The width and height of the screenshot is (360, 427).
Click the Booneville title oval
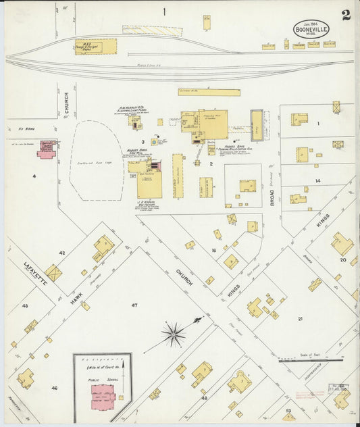click(311, 30)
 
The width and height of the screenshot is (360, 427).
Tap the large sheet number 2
click(346, 15)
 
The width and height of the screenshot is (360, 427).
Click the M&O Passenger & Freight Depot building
click(96, 46)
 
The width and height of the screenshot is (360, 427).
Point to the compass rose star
click(174, 334)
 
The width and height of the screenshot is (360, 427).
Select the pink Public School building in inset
click(103, 396)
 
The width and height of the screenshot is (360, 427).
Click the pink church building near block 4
click(47, 149)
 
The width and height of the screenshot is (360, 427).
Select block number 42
click(61, 253)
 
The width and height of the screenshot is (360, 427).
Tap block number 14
click(317, 181)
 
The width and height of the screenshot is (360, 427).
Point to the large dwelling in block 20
click(341, 244)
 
